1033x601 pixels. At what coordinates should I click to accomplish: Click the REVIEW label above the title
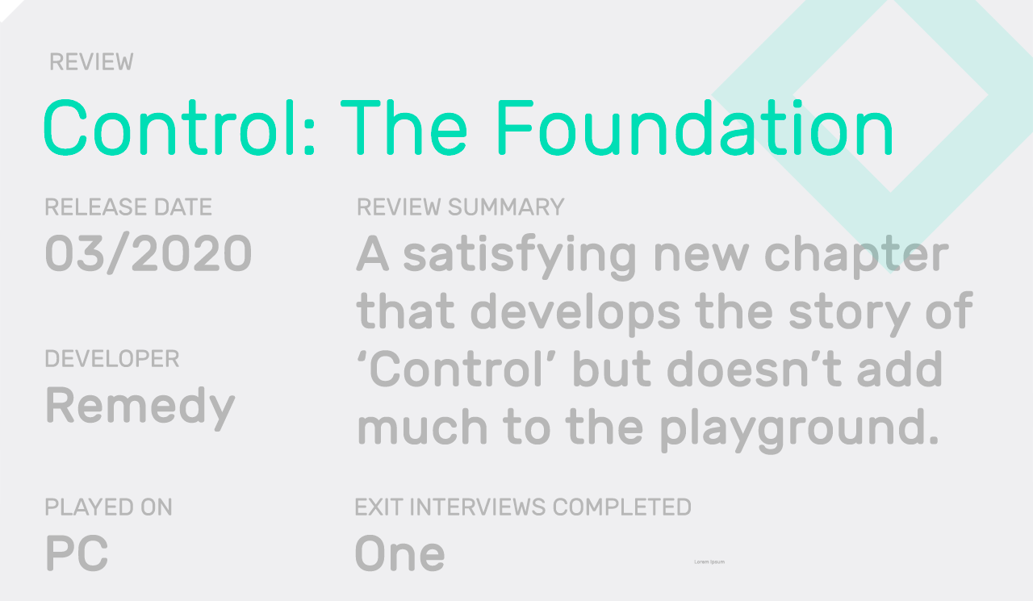pos(91,62)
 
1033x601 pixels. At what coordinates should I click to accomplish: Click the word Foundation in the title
pos(693,128)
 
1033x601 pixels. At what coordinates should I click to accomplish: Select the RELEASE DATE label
pos(128,207)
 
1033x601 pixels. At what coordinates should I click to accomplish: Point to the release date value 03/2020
pos(148,253)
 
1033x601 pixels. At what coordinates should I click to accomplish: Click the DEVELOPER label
pos(112,359)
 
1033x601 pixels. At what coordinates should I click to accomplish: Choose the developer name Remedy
pos(140,406)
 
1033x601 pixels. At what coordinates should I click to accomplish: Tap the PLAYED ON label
pos(108,507)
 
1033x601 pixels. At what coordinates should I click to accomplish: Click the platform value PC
pos(77,554)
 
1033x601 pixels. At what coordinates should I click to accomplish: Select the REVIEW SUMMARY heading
pos(460,207)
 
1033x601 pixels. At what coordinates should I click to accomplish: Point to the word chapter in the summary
pos(856,256)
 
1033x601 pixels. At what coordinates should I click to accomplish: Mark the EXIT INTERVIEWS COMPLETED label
pos(523,507)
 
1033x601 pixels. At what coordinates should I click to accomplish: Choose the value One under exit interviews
pos(399,554)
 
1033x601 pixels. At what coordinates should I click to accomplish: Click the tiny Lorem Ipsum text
pos(709,561)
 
